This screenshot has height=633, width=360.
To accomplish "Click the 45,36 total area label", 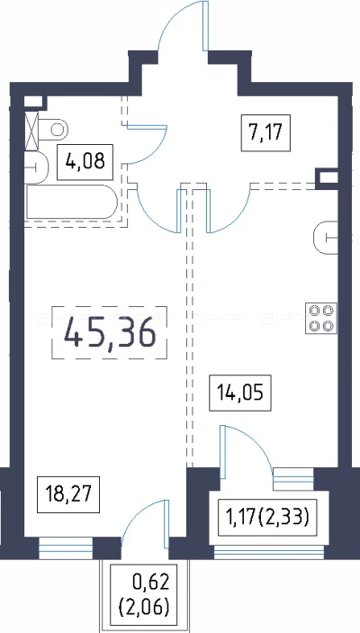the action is click(110, 333).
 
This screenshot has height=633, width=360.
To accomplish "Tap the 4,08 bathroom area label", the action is click(85, 161).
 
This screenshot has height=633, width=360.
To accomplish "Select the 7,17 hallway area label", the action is click(265, 133).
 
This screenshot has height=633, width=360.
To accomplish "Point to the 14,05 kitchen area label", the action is click(240, 393).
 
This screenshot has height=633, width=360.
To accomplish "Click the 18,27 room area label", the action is click(67, 494).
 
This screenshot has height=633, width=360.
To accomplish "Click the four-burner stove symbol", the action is click(321, 318).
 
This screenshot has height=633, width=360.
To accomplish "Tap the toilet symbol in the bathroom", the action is click(52, 129).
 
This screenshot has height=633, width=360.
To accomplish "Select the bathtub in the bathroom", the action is click(71, 202).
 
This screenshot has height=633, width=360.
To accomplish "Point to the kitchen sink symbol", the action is click(325, 238).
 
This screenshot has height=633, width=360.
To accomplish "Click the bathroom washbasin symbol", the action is click(36, 167).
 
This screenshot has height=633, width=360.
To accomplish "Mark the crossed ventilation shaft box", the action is click(31, 131).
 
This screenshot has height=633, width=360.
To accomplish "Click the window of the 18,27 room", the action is click(67, 547).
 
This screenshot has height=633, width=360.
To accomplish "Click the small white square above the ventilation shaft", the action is click(32, 102).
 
